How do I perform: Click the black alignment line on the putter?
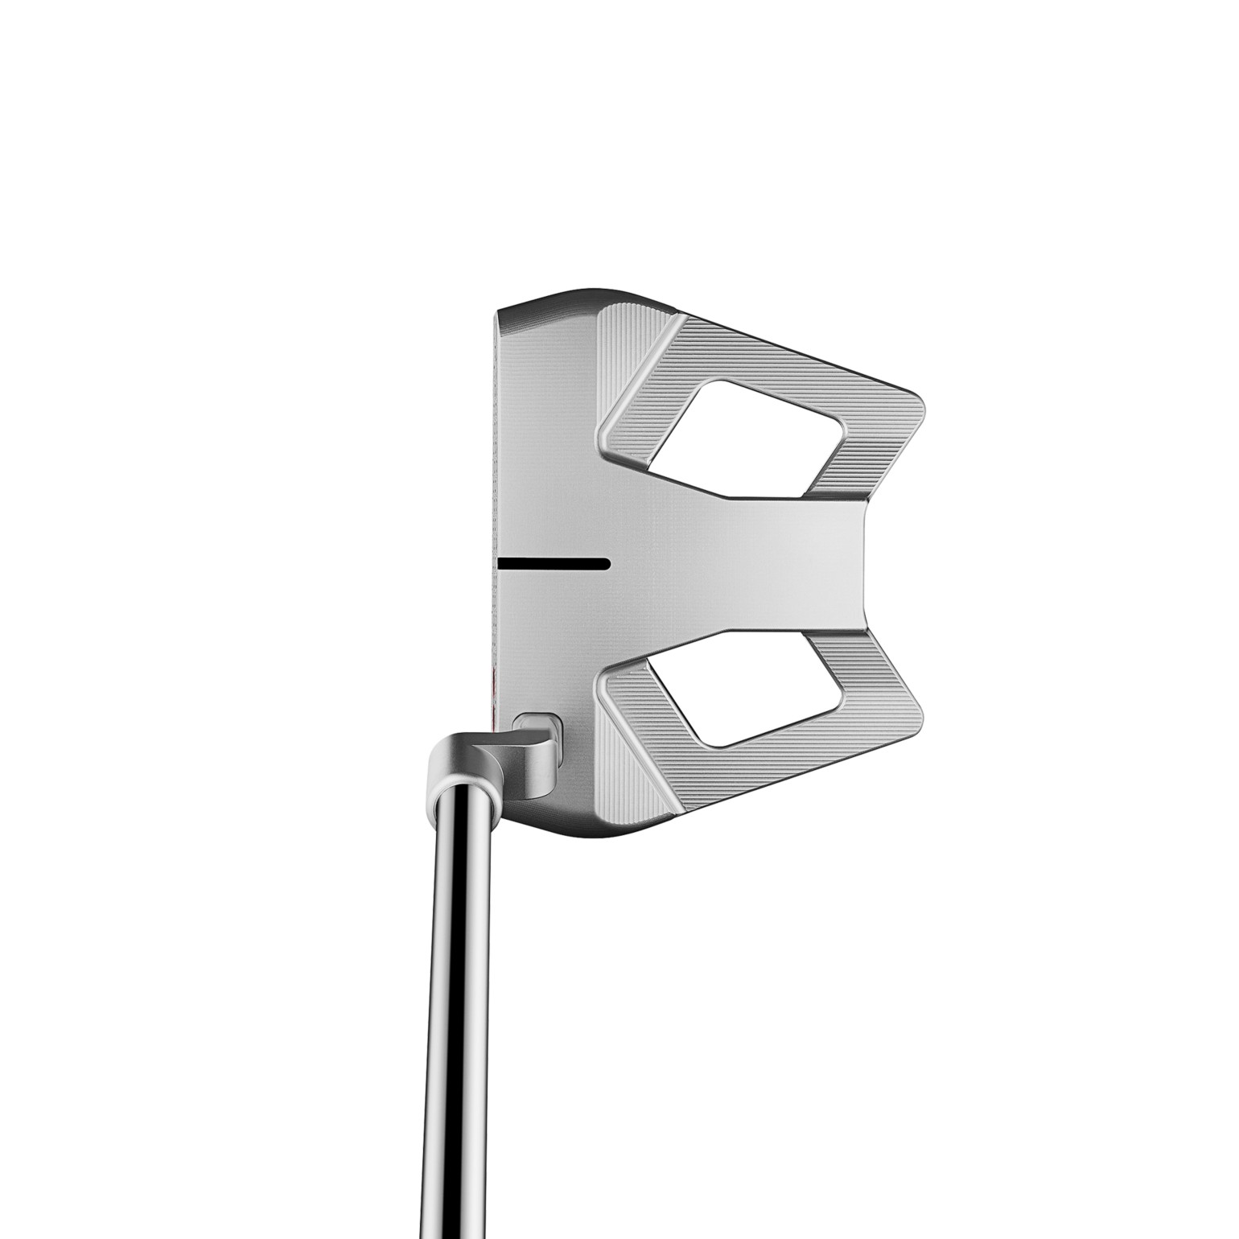(x=554, y=562)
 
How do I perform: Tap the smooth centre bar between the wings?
(x=724, y=563)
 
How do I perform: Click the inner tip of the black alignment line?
(x=607, y=562)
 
